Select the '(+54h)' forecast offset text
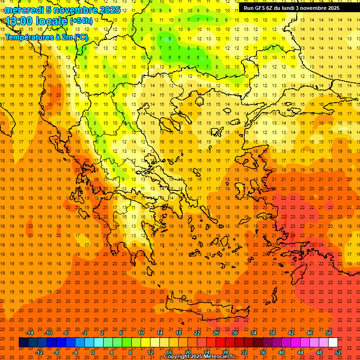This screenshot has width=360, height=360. (x=81, y=21)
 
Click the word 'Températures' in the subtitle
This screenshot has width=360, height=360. (x=28, y=37)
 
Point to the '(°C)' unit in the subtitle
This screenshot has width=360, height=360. (x=80, y=37)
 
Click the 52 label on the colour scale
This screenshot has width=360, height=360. (x=338, y=352)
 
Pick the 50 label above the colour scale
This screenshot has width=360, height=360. (x=329, y=333)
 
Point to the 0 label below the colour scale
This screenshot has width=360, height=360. (x=93, y=352)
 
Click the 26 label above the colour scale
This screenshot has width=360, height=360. (x=216, y=333)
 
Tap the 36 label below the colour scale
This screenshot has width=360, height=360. (x=263, y=352)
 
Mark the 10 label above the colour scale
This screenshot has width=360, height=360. (x=141, y=333)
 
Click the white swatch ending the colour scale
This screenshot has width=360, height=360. (x=333, y=342)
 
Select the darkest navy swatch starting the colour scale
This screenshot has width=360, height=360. (x=23, y=342)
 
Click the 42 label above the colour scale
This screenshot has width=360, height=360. (x=291, y=333)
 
